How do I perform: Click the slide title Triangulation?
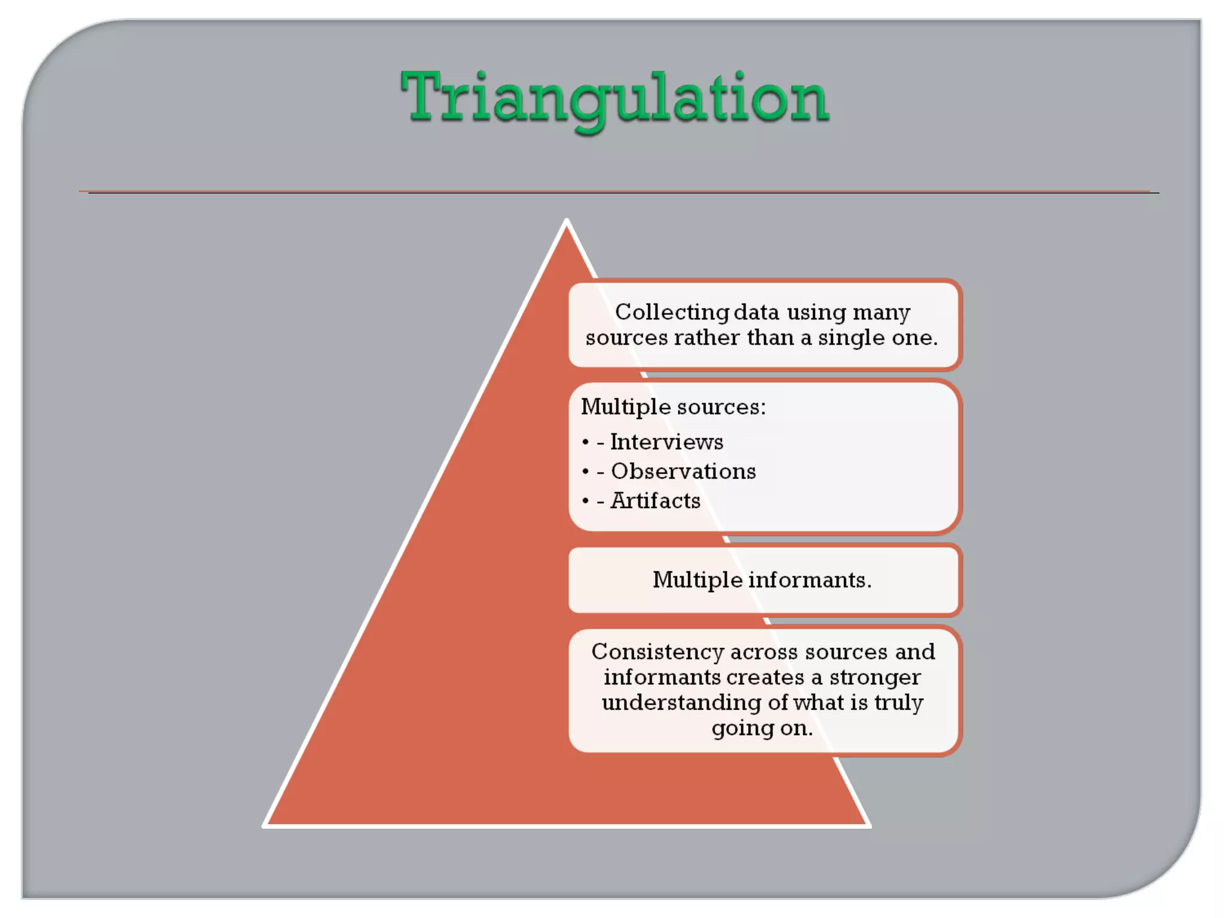pyautogui.click(x=614, y=99)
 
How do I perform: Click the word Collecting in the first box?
pyautogui.click(x=671, y=312)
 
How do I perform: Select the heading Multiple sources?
pyautogui.click(x=673, y=407)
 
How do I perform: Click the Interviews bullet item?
pyautogui.click(x=666, y=442)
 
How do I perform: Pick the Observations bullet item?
pyautogui.click(x=683, y=472)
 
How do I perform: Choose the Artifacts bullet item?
pyautogui.click(x=655, y=501)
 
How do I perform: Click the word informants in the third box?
pyautogui.click(x=810, y=580)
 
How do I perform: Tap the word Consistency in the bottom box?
pyautogui.click(x=657, y=651)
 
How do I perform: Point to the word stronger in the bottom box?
pyautogui.click(x=874, y=678)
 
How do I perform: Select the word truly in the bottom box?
pyautogui.click(x=899, y=703)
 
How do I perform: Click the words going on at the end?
pyautogui.click(x=762, y=729)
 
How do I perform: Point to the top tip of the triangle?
pyautogui.click(x=567, y=221)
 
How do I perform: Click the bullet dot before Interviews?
pyautogui.click(x=585, y=442)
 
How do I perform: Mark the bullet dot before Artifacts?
pyautogui.click(x=585, y=501)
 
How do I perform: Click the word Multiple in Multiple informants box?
pyautogui.click(x=697, y=580)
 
